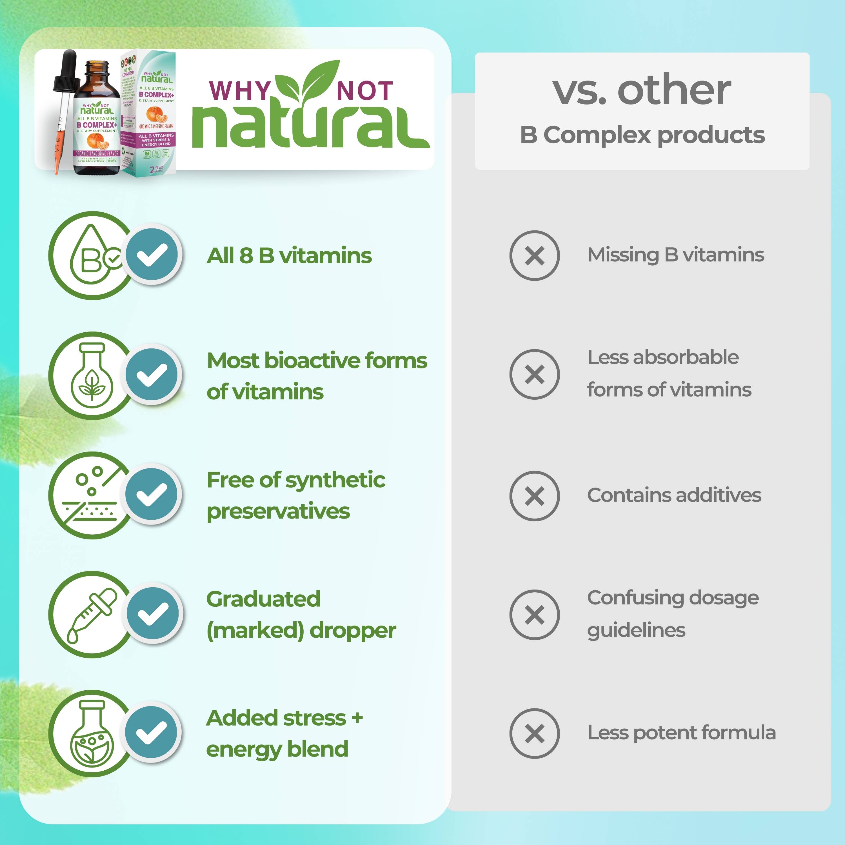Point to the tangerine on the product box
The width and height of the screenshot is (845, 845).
pyautogui.click(x=156, y=115)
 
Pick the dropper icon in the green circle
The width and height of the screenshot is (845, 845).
pyautogui.click(x=92, y=615)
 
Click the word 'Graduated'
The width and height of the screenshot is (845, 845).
pyautogui.click(x=263, y=599)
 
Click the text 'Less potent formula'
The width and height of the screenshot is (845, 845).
pyautogui.click(x=681, y=733)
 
